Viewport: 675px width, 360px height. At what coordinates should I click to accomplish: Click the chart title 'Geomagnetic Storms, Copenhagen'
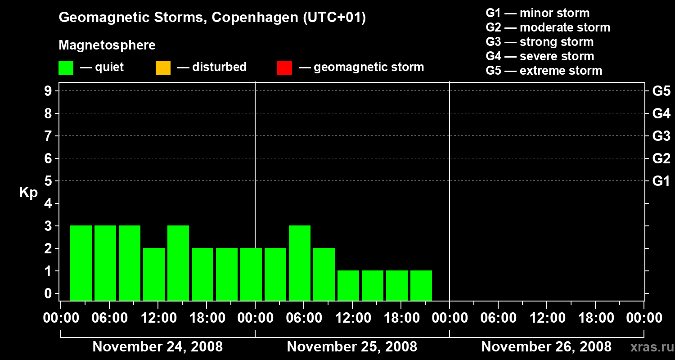point(212,18)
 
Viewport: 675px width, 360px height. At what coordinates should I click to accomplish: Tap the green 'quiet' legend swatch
point(66,67)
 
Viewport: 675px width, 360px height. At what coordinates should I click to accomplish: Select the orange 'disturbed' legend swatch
point(163,67)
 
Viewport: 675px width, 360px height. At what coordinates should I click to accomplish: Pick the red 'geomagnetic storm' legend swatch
point(284,67)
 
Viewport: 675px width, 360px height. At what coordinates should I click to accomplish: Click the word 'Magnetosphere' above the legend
point(107,45)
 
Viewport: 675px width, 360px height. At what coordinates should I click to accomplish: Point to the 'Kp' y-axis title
point(28,193)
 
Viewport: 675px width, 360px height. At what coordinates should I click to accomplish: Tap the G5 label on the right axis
point(661,91)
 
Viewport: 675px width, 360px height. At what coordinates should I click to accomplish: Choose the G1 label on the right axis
point(661,181)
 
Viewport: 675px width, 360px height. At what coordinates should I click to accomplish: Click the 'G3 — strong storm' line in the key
point(540,42)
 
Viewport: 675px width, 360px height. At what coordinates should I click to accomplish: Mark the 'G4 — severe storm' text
point(540,56)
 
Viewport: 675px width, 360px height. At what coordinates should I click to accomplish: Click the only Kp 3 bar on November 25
point(300,263)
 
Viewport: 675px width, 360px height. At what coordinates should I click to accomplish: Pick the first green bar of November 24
point(81,263)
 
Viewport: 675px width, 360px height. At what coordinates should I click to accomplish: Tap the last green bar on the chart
point(421,285)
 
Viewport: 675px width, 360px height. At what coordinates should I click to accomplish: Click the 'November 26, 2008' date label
point(546,347)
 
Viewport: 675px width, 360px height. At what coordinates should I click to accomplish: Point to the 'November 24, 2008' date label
point(157,347)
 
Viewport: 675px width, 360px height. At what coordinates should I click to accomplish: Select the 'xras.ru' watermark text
point(649,347)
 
